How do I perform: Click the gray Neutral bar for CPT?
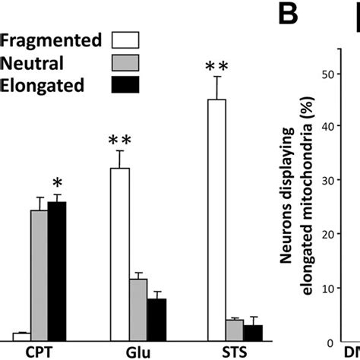(x=39, y=273)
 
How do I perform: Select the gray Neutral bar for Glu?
(x=137, y=308)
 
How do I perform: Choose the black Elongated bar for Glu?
(x=156, y=318)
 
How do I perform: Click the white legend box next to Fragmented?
(x=128, y=40)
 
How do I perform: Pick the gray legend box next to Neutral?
(x=128, y=63)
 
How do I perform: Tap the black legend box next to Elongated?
(x=128, y=86)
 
